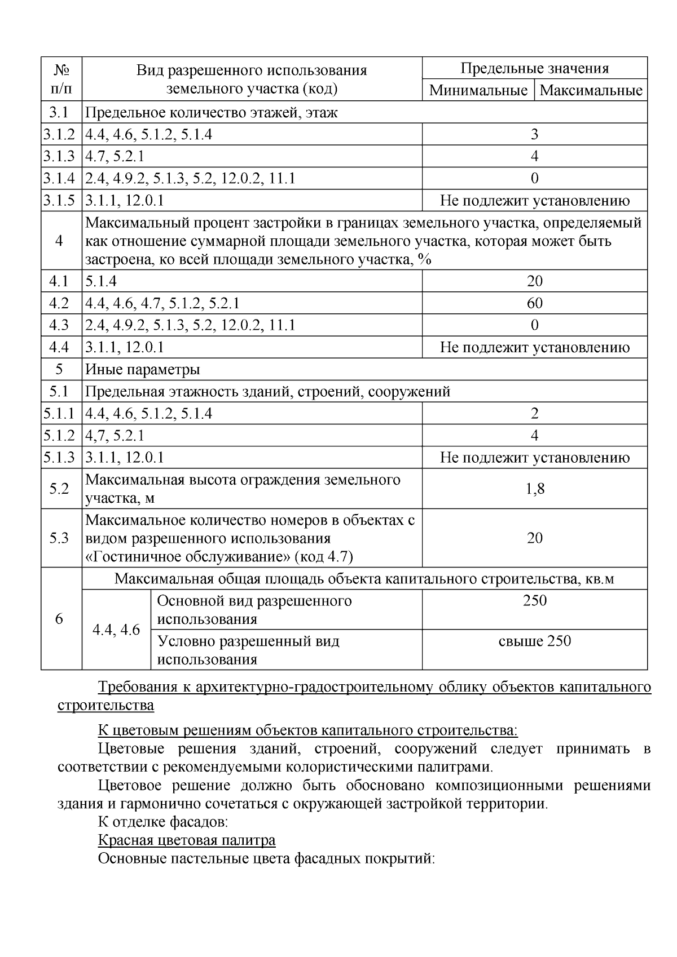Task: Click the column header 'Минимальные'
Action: (x=478, y=90)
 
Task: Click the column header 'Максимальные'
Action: (x=591, y=90)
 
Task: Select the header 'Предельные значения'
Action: (x=534, y=69)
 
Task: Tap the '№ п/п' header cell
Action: (x=61, y=79)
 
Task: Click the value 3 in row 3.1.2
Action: (x=534, y=134)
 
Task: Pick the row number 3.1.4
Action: (x=61, y=179)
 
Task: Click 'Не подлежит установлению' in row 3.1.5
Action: (x=534, y=201)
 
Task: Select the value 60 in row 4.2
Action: (x=534, y=303)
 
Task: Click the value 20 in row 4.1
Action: (x=534, y=281)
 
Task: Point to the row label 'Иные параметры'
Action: (x=143, y=370)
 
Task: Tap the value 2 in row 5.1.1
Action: (x=534, y=414)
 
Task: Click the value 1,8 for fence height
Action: (x=534, y=489)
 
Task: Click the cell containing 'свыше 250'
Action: (x=534, y=641)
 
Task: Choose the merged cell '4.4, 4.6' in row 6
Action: (x=116, y=630)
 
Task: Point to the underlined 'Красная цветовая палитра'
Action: (x=187, y=840)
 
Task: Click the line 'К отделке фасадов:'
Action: (x=162, y=822)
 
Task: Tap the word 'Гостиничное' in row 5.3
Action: (x=137, y=557)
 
